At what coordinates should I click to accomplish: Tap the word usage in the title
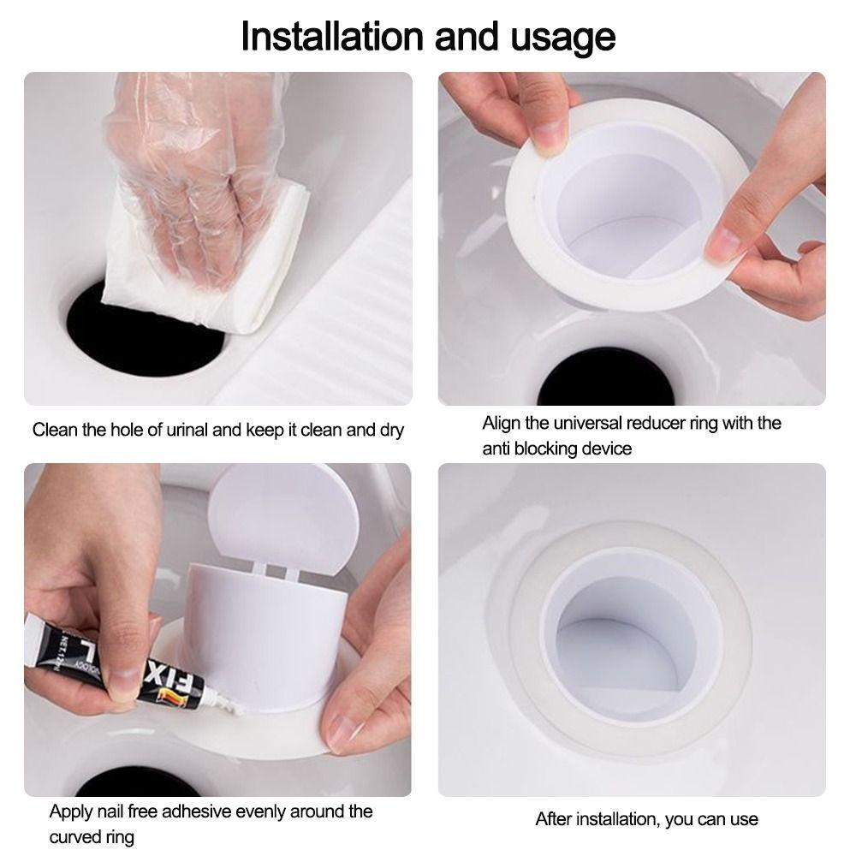pyautogui.click(x=563, y=39)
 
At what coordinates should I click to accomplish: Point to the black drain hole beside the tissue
pyautogui.click(x=145, y=334)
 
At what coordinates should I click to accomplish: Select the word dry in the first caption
pyautogui.click(x=391, y=431)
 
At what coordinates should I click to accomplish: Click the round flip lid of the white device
pyautogui.click(x=284, y=520)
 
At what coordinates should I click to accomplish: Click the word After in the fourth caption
pyautogui.click(x=554, y=819)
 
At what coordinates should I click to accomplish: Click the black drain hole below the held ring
pyautogui.click(x=606, y=379)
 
